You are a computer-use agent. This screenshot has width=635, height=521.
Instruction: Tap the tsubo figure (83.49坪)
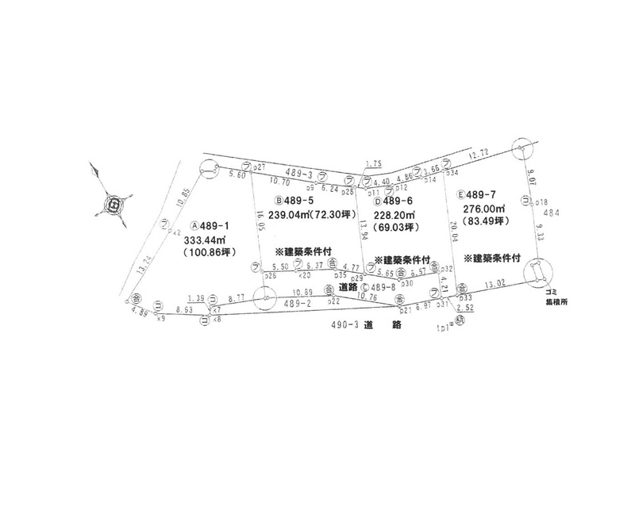tap(483, 221)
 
